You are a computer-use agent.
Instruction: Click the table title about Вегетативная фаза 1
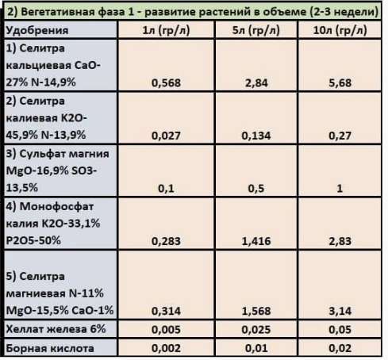click(x=193, y=12)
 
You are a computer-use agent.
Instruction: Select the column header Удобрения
click(x=37, y=30)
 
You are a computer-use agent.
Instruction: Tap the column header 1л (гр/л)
click(x=166, y=30)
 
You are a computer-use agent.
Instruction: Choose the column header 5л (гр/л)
click(x=256, y=30)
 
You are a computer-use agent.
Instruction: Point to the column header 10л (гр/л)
click(x=340, y=30)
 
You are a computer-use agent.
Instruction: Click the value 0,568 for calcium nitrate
click(x=166, y=82)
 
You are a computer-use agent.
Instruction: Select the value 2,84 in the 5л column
click(x=256, y=82)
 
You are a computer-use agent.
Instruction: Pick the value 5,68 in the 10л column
click(x=340, y=82)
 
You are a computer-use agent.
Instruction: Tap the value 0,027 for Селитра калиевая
click(x=166, y=136)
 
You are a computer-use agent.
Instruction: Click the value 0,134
click(x=256, y=136)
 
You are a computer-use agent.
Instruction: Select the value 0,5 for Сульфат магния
click(x=256, y=189)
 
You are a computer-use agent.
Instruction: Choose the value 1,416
click(x=256, y=241)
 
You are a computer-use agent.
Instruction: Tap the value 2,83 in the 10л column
click(x=340, y=241)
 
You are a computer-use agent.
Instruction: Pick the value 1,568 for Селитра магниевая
click(x=256, y=311)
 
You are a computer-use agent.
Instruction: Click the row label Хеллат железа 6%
click(x=56, y=329)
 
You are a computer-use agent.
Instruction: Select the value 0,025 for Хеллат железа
click(x=256, y=330)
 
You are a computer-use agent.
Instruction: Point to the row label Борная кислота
click(x=50, y=348)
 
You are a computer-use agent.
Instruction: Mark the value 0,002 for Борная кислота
click(x=166, y=348)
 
